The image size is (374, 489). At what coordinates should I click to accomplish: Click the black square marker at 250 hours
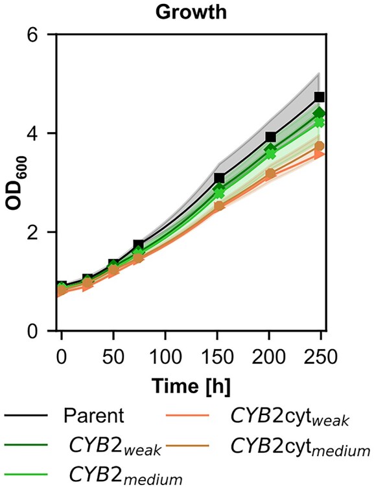[319, 97]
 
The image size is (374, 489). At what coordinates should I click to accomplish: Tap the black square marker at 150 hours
[219, 178]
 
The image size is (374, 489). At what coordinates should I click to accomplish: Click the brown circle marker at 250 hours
[319, 146]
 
